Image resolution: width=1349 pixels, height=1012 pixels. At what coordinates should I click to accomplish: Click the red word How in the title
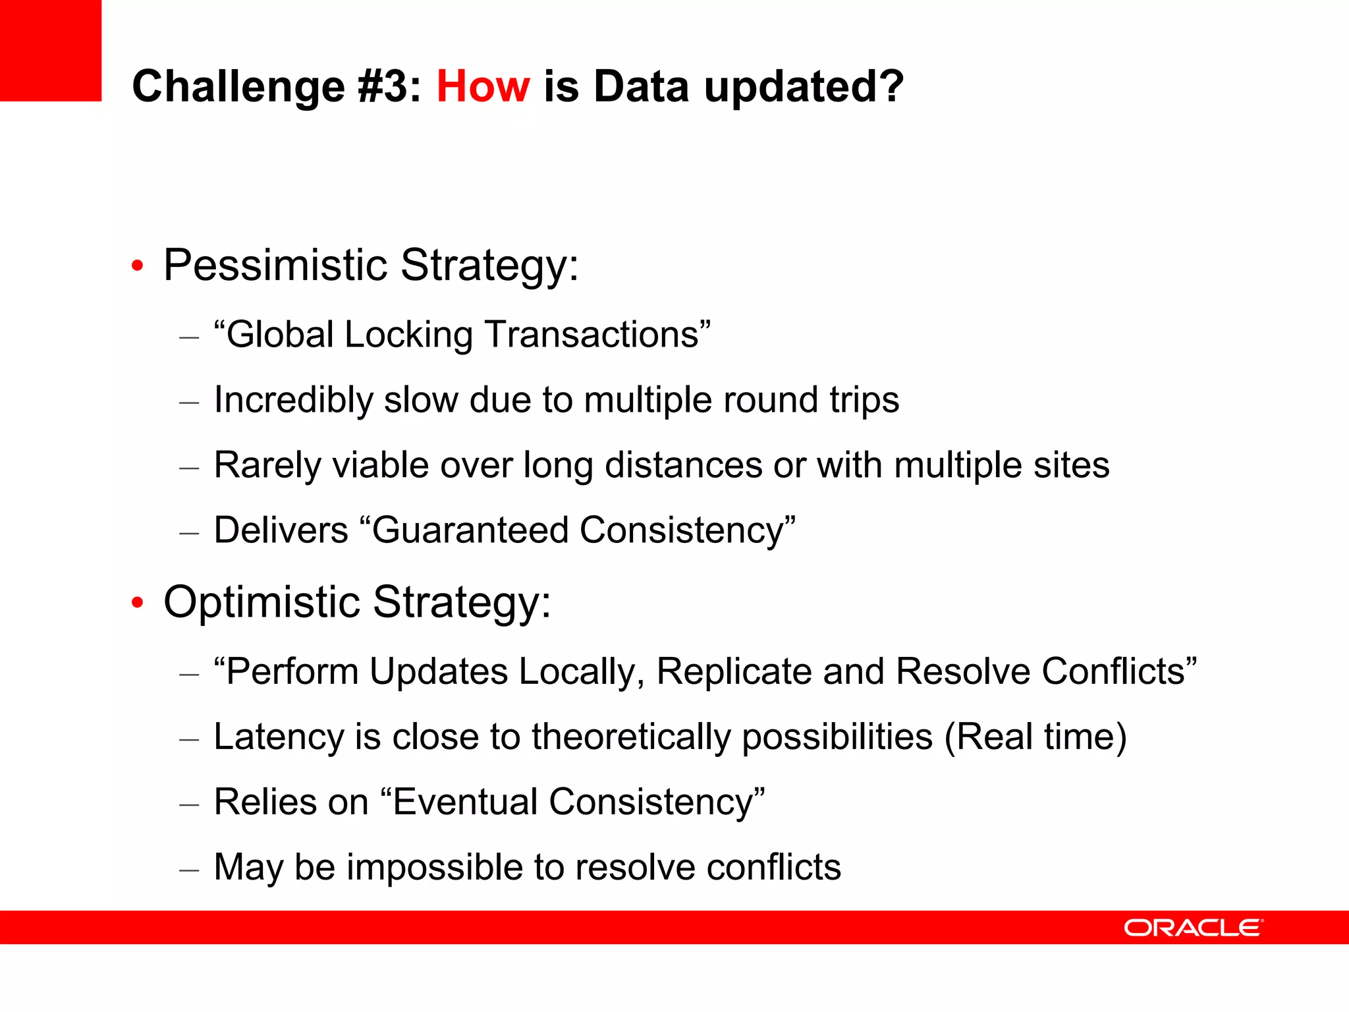click(x=483, y=86)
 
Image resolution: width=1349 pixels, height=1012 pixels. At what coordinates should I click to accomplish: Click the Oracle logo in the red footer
click(x=1193, y=928)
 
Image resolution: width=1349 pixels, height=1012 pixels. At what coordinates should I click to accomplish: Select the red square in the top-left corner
click(x=51, y=50)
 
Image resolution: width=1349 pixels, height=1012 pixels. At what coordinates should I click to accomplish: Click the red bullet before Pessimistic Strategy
click(x=137, y=266)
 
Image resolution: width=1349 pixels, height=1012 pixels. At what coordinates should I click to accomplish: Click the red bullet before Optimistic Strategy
click(x=137, y=603)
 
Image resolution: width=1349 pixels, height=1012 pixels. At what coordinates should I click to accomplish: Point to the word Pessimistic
click(x=275, y=265)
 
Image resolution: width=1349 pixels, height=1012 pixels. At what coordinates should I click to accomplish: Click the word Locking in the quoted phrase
click(x=408, y=335)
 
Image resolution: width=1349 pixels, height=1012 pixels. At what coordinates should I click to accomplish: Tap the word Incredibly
click(x=294, y=400)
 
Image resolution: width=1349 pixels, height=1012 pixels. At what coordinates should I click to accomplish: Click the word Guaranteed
click(x=470, y=530)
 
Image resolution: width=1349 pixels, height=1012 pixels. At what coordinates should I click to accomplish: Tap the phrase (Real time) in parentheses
click(x=1035, y=737)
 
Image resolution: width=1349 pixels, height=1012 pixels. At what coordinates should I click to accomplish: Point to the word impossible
click(x=435, y=867)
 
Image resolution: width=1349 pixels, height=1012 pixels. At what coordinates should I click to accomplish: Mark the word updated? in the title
click(x=804, y=86)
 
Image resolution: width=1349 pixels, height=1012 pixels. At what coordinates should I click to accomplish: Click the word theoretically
click(x=631, y=737)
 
